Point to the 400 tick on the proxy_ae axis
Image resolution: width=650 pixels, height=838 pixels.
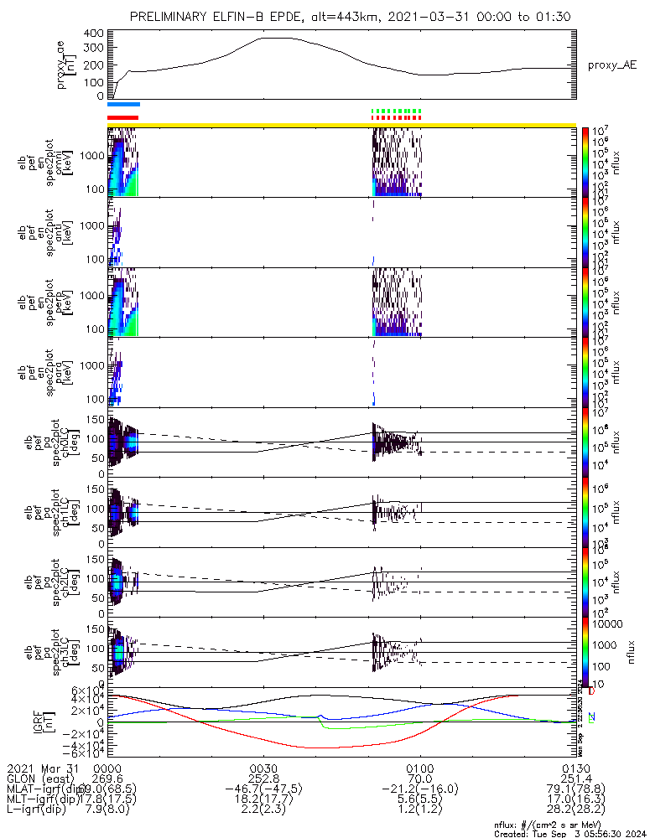click(x=93, y=34)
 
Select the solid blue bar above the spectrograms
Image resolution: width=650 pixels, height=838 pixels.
click(x=123, y=105)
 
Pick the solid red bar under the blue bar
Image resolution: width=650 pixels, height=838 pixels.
click(x=123, y=117)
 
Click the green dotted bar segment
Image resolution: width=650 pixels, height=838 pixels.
click(x=396, y=111)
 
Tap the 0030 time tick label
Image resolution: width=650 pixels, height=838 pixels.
click(x=263, y=767)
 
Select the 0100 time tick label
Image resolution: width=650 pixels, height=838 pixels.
click(x=419, y=767)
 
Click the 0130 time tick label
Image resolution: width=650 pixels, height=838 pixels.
click(x=575, y=767)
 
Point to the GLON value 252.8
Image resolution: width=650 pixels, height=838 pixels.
click(x=263, y=778)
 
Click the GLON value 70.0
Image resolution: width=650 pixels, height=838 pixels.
click(x=419, y=778)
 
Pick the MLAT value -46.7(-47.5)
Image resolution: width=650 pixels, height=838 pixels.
click(x=263, y=789)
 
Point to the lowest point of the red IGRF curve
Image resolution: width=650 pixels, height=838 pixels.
click(x=319, y=747)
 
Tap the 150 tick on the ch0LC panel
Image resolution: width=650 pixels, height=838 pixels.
click(x=96, y=418)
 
